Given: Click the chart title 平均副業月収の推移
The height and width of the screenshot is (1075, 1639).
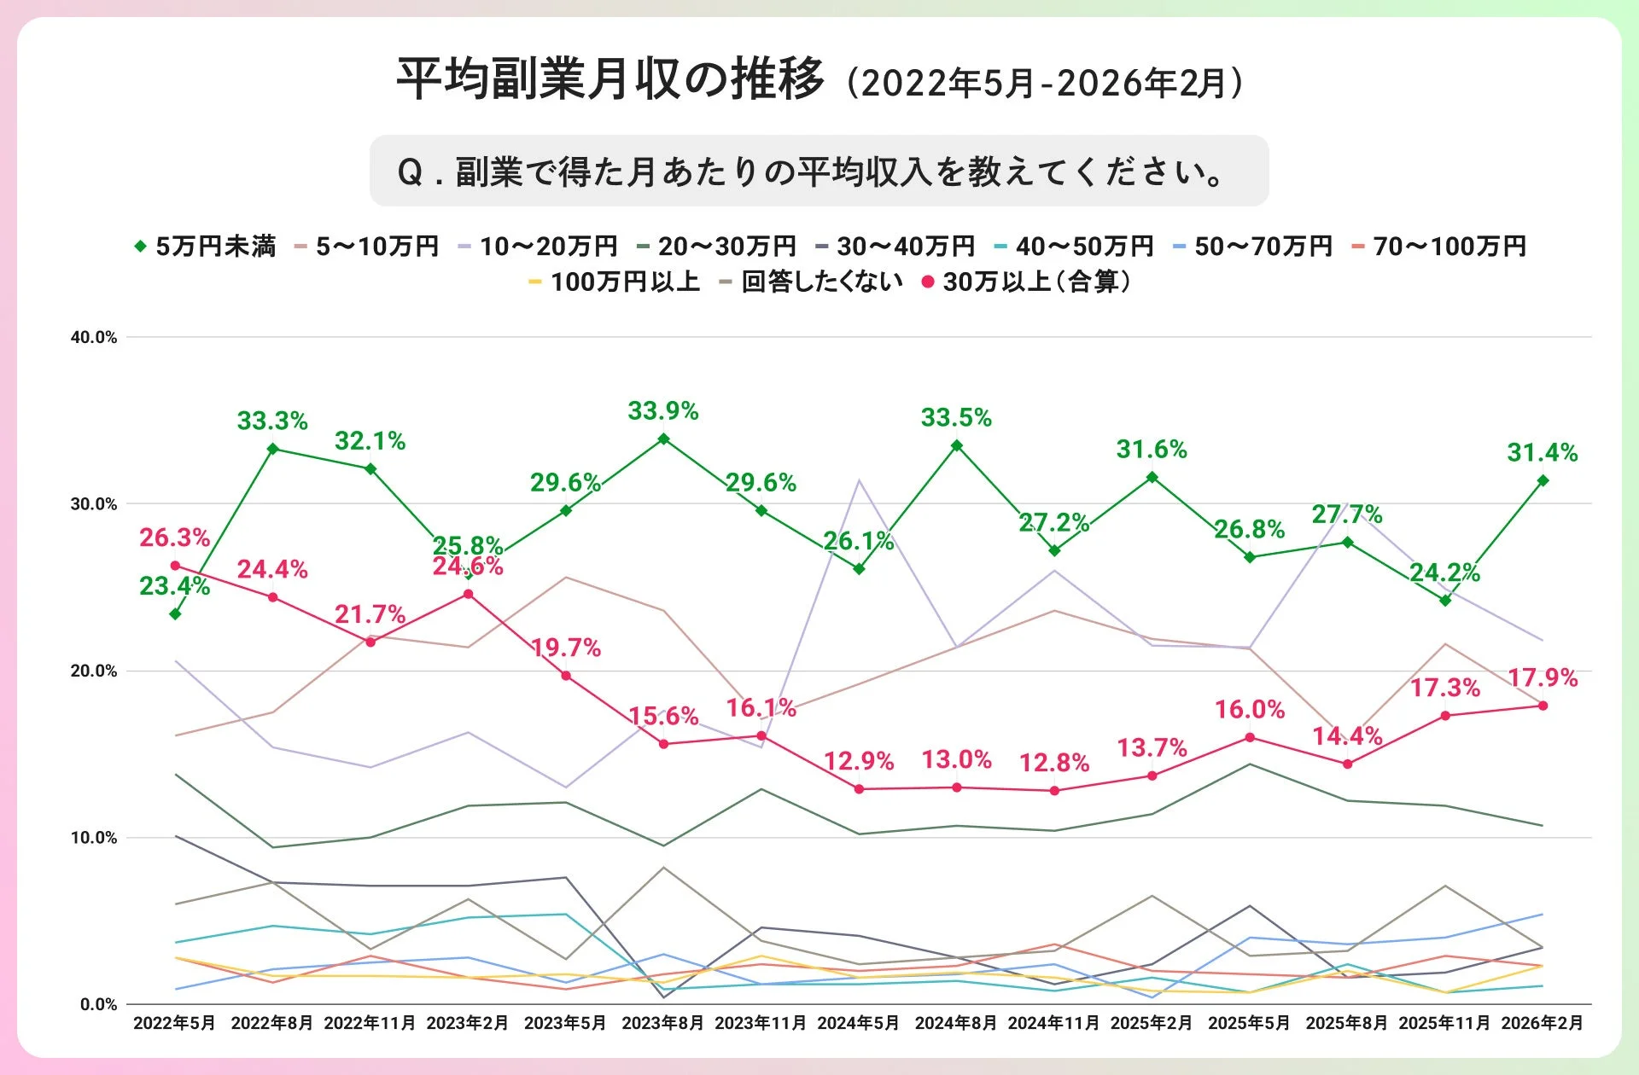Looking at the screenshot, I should click(x=610, y=79).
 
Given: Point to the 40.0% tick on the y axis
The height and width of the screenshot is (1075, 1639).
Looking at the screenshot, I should click(x=94, y=337).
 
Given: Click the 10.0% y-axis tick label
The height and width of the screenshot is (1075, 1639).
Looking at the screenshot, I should click(x=94, y=837).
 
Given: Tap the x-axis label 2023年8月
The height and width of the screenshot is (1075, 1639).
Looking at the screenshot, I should click(x=662, y=1022).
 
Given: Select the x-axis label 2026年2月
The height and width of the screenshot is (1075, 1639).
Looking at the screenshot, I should click(x=1542, y=1022).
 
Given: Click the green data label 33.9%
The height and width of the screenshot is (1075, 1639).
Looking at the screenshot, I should click(x=663, y=411).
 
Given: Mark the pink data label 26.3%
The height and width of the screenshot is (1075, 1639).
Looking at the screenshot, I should click(x=174, y=537).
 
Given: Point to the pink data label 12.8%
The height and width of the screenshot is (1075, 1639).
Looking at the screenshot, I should click(x=1054, y=762).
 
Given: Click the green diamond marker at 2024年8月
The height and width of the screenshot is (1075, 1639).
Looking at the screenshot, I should click(x=957, y=445).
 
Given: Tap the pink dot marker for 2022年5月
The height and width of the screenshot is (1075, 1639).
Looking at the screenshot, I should click(x=175, y=566).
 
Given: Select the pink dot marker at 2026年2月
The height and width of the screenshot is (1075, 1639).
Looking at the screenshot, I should click(x=1543, y=706).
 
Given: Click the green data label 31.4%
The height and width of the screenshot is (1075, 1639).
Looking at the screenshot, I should click(x=1542, y=452).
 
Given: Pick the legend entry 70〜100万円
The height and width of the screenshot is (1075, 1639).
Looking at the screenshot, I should click(x=1449, y=247).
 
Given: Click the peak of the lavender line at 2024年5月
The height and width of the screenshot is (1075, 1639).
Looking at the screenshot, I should click(x=860, y=481).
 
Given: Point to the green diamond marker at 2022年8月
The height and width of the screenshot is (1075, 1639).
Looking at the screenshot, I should click(x=273, y=449).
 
